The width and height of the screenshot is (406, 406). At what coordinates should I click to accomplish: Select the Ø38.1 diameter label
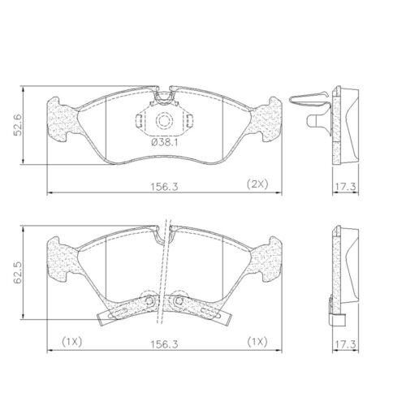[x=165, y=143]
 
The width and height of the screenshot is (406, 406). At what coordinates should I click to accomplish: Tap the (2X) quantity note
[x=257, y=185]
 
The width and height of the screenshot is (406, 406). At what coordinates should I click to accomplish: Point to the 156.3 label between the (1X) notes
[x=163, y=343]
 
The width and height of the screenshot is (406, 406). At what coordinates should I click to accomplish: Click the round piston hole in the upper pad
[x=165, y=122]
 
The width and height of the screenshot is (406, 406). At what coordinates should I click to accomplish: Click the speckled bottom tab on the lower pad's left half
[x=122, y=309]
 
